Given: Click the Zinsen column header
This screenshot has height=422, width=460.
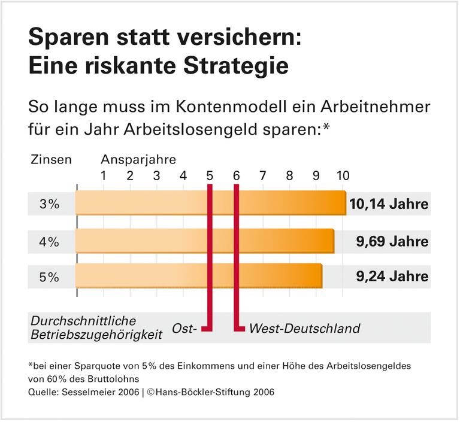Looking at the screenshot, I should point(51,160).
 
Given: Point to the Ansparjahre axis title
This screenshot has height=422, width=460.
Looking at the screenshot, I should point(138,160).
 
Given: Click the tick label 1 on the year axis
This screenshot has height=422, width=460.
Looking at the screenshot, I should point(103,176).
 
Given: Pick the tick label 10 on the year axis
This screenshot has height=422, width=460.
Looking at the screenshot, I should point(342,176).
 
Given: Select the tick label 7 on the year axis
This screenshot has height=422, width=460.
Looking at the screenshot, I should point(262,176).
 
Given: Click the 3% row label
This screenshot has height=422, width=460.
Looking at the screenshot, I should point(49,204).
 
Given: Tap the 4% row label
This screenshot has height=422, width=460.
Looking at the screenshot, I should point(49,241).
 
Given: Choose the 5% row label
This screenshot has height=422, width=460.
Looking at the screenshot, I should point(49,277).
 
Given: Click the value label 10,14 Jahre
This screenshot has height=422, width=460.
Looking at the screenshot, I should point(389,204).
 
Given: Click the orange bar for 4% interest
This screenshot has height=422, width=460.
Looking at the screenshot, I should point(204,241).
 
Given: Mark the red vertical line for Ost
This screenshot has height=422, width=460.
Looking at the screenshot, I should point(210,257).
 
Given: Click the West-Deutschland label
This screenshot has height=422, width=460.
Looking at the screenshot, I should point(304,328).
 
